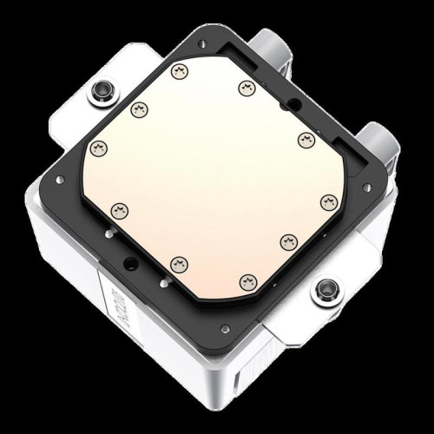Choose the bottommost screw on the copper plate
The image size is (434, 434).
[249, 279]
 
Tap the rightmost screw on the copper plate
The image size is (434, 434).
[327, 201]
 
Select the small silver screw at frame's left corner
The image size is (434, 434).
[60, 180]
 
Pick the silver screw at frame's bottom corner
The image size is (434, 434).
[225, 328]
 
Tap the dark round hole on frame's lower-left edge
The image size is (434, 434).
[130, 263]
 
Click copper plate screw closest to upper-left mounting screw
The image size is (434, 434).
[139, 109]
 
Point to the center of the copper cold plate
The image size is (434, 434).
[212, 174]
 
